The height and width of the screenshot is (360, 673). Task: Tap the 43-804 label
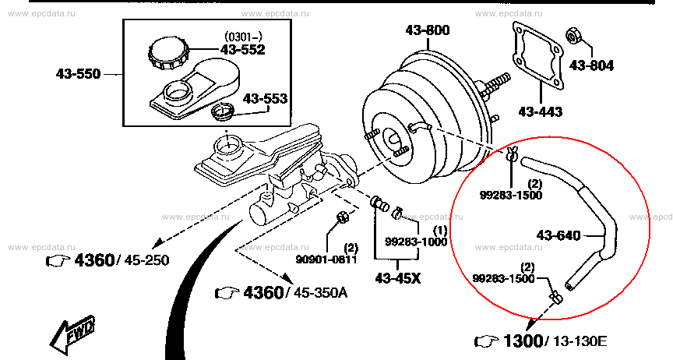[590, 65]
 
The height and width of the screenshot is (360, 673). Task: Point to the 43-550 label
[78, 75]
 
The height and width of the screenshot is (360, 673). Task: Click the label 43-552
[242, 49]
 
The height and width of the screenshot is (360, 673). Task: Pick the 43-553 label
[265, 99]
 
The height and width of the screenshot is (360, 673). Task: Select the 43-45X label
[397, 277]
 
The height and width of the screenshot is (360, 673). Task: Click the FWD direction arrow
[72, 334]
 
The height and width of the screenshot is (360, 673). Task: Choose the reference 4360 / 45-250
[107, 259]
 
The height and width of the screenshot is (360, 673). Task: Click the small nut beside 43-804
[570, 36]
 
